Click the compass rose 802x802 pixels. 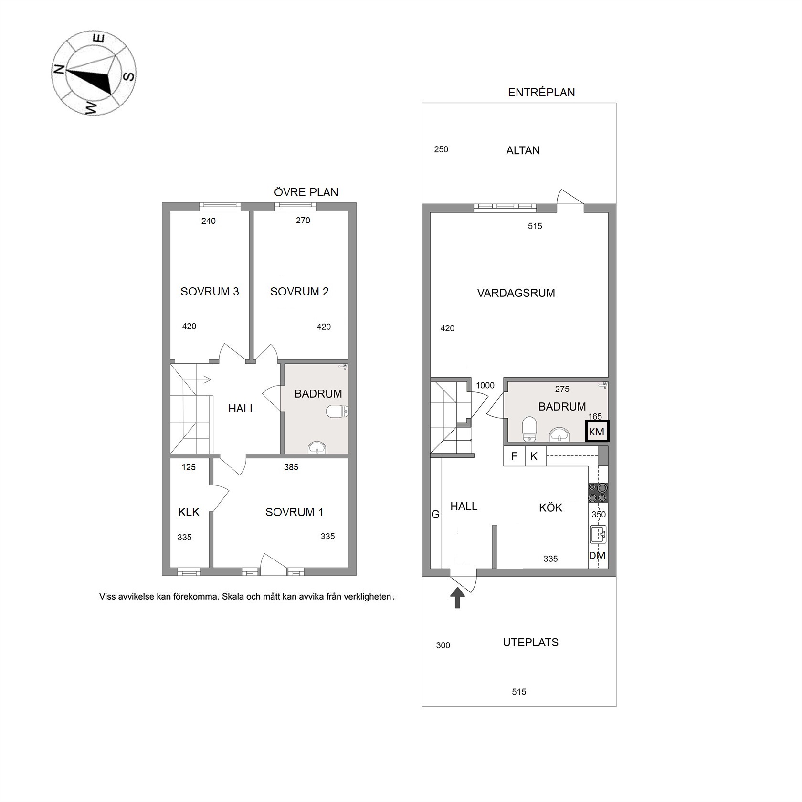coord(94,73)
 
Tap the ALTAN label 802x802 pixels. coord(523,150)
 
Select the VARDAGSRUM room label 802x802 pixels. coord(516,293)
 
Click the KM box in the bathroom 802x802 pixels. coord(597,432)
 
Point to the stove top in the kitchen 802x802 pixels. coord(598,492)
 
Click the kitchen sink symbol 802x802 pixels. coord(598,534)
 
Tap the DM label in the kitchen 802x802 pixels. coord(597,556)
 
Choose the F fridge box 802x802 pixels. coord(514,456)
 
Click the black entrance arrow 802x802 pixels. coord(457,598)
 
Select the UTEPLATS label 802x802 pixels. coord(530,643)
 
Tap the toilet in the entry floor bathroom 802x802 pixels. coord(529,429)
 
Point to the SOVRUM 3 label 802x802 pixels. coord(210,292)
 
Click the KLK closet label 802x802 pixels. coord(189,512)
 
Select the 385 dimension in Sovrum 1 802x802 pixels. coord(291,467)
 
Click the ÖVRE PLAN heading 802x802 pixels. coord(306,192)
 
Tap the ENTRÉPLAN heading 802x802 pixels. coord(541,93)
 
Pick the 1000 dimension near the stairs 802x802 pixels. coord(485,385)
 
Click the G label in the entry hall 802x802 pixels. coord(435,515)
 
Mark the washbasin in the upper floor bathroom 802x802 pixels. coord(317,447)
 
